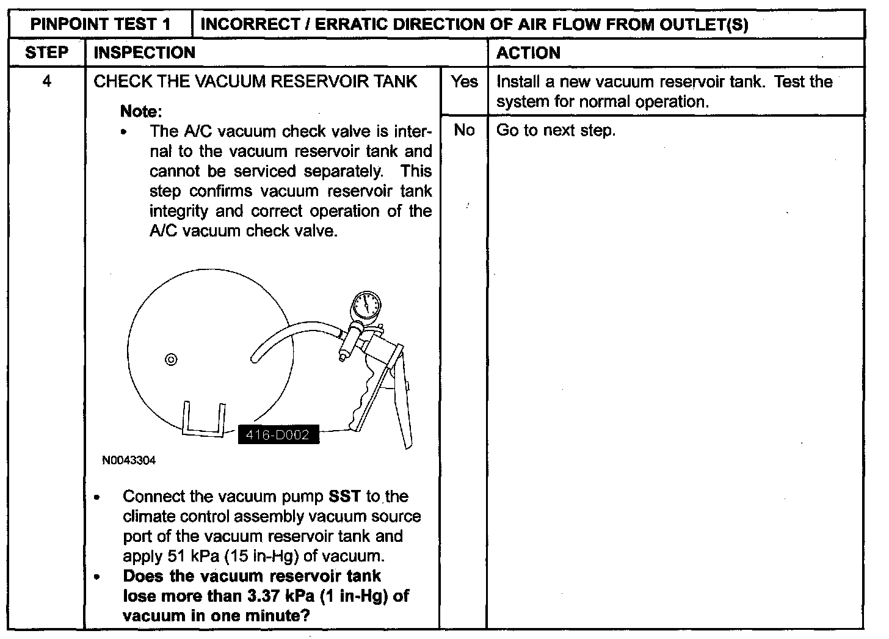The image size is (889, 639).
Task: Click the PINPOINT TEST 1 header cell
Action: (101, 24)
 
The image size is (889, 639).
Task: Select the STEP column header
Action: (46, 53)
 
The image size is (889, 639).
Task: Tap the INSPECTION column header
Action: (145, 53)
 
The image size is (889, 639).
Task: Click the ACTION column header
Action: (528, 53)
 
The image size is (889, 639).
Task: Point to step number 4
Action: (46, 81)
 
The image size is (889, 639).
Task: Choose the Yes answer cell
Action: (464, 81)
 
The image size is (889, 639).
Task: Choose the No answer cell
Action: (464, 130)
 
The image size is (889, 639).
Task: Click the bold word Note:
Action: (141, 111)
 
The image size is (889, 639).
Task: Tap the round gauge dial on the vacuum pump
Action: (366, 304)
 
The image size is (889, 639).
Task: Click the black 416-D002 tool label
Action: (278, 436)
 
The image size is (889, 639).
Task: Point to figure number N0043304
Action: (129, 461)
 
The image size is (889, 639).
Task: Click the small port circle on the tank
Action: (171, 359)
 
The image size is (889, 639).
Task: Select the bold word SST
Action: (344, 496)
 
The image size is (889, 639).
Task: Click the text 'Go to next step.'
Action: (556, 130)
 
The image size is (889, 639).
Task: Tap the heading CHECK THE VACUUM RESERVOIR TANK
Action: (255, 81)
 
